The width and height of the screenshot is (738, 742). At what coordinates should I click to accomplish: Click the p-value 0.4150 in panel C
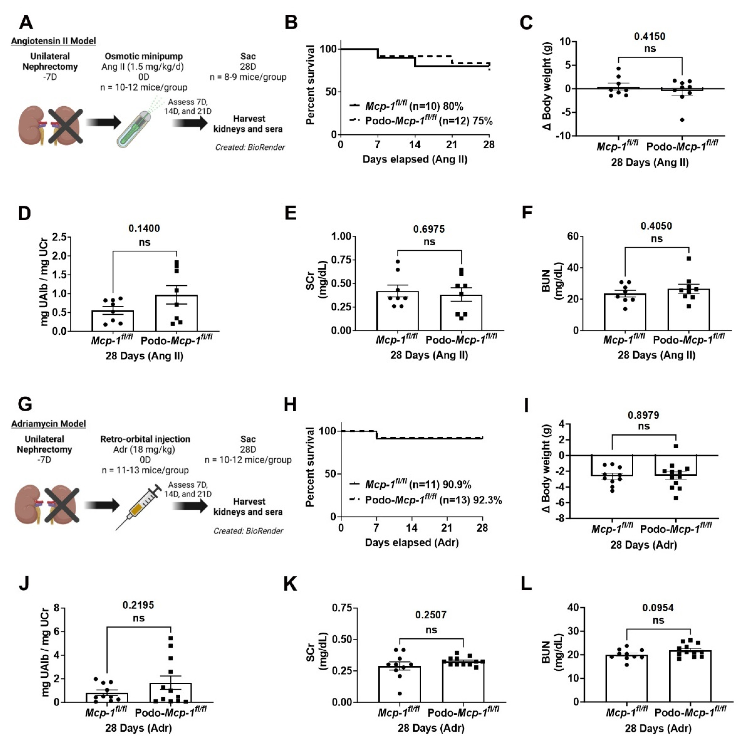(650, 36)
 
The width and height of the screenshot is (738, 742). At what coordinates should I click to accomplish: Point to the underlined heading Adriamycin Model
(48, 424)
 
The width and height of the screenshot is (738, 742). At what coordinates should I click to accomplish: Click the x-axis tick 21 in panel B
(452, 145)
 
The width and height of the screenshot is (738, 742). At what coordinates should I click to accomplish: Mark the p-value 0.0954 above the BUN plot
(658, 608)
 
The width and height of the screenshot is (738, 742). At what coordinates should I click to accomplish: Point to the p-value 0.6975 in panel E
(429, 229)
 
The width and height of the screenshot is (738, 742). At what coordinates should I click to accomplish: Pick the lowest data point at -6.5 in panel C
(682, 120)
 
